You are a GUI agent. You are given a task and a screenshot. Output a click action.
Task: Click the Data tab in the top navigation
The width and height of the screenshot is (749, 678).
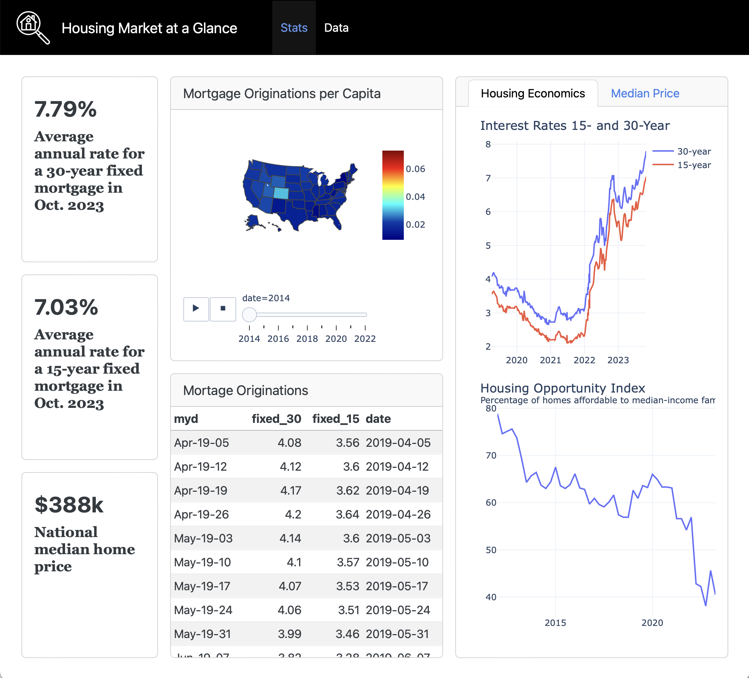tap(336, 28)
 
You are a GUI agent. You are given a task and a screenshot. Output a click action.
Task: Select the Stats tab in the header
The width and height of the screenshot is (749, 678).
tap(294, 28)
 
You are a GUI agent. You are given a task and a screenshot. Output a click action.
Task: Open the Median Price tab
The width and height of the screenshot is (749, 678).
tap(645, 93)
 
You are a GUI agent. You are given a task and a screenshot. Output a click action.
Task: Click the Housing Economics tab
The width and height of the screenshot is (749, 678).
tap(533, 93)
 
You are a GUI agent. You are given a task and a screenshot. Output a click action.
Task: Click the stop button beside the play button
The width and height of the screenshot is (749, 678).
tap(223, 308)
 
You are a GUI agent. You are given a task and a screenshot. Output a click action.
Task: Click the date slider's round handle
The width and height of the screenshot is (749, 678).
tap(249, 315)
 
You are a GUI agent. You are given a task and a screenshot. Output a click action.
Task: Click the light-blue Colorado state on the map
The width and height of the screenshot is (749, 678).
tap(281, 193)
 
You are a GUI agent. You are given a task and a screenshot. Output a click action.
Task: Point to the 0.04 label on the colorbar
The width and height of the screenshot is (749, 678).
tap(415, 197)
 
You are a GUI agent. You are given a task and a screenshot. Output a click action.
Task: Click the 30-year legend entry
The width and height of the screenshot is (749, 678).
tap(694, 151)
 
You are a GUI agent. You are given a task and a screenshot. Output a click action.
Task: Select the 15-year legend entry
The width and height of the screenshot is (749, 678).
tap(694, 165)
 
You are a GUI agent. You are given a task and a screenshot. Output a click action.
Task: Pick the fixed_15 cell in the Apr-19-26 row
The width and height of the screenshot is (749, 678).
tap(347, 514)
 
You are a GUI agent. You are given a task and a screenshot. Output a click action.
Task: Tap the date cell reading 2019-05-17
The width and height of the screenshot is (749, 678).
tap(397, 586)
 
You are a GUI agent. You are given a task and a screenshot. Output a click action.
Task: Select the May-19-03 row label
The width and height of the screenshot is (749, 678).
tap(203, 538)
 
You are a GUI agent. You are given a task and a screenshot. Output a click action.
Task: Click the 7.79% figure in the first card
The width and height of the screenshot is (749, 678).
tap(65, 110)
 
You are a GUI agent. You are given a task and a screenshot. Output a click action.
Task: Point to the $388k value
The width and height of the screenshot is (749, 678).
tap(69, 505)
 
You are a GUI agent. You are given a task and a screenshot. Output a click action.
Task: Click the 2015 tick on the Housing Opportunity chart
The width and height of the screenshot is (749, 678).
tap(555, 623)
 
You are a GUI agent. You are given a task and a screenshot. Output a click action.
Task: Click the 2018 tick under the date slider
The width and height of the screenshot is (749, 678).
tap(307, 338)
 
